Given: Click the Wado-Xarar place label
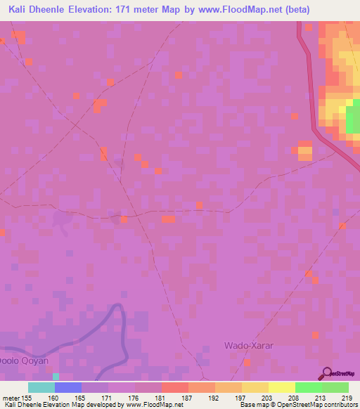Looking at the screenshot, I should [245, 345].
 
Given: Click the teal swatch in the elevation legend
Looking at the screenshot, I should [41, 387].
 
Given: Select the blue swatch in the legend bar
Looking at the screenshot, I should [67, 387].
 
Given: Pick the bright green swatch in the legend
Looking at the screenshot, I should [308, 387].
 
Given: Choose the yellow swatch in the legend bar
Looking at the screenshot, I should [281, 387].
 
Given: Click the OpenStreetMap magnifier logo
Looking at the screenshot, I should [327, 373].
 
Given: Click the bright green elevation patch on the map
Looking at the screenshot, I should [352, 118].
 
